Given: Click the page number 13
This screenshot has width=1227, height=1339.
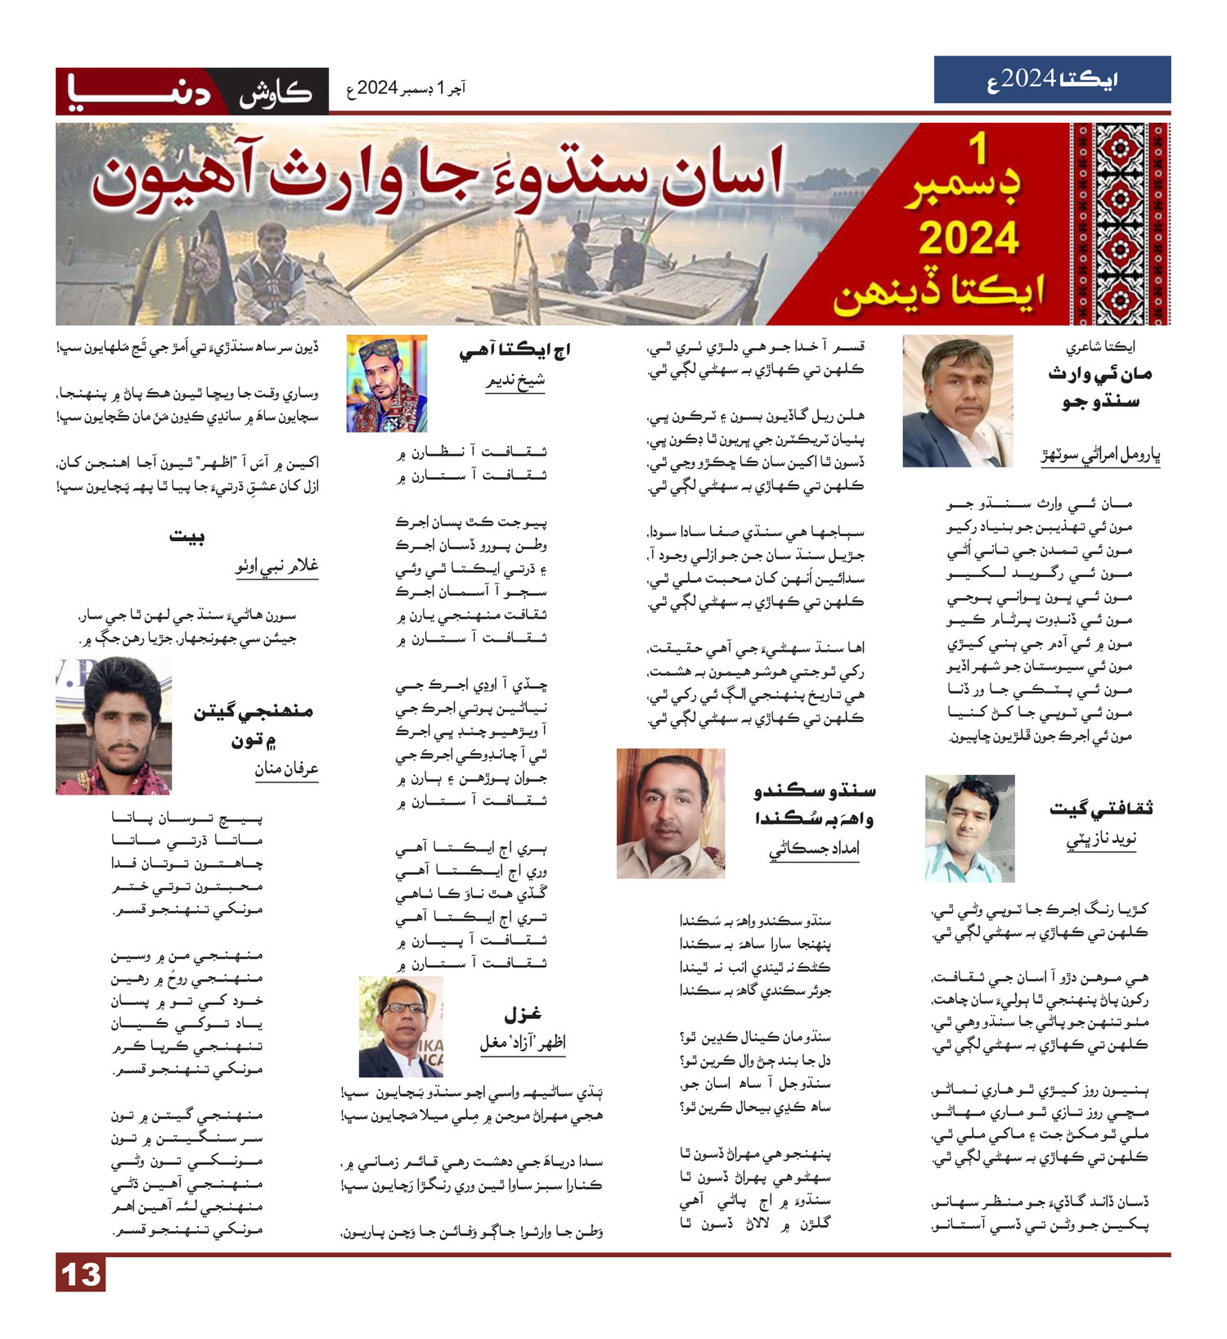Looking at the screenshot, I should click(x=81, y=1274).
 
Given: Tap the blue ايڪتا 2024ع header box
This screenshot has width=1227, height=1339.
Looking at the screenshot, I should click(x=1052, y=79).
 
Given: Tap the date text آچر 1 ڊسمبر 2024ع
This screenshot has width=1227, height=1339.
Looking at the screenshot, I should click(x=407, y=88).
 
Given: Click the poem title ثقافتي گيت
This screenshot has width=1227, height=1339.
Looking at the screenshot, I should click(x=1101, y=809).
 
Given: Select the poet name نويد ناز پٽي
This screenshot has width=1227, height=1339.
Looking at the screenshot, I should click(x=1101, y=840).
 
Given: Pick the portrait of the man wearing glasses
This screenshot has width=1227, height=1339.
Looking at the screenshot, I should click(x=401, y=1026).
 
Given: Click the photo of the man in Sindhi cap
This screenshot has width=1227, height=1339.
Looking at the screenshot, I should click(x=386, y=383).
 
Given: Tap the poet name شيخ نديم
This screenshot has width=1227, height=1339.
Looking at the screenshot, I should click(x=515, y=381).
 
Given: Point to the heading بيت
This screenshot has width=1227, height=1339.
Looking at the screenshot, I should click(x=187, y=537).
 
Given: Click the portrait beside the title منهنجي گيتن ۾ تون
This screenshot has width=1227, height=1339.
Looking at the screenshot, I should click(x=114, y=726).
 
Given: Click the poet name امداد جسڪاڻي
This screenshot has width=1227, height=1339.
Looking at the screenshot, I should click(x=814, y=850).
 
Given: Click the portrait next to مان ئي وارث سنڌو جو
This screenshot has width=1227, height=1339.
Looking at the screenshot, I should click(x=957, y=401).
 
